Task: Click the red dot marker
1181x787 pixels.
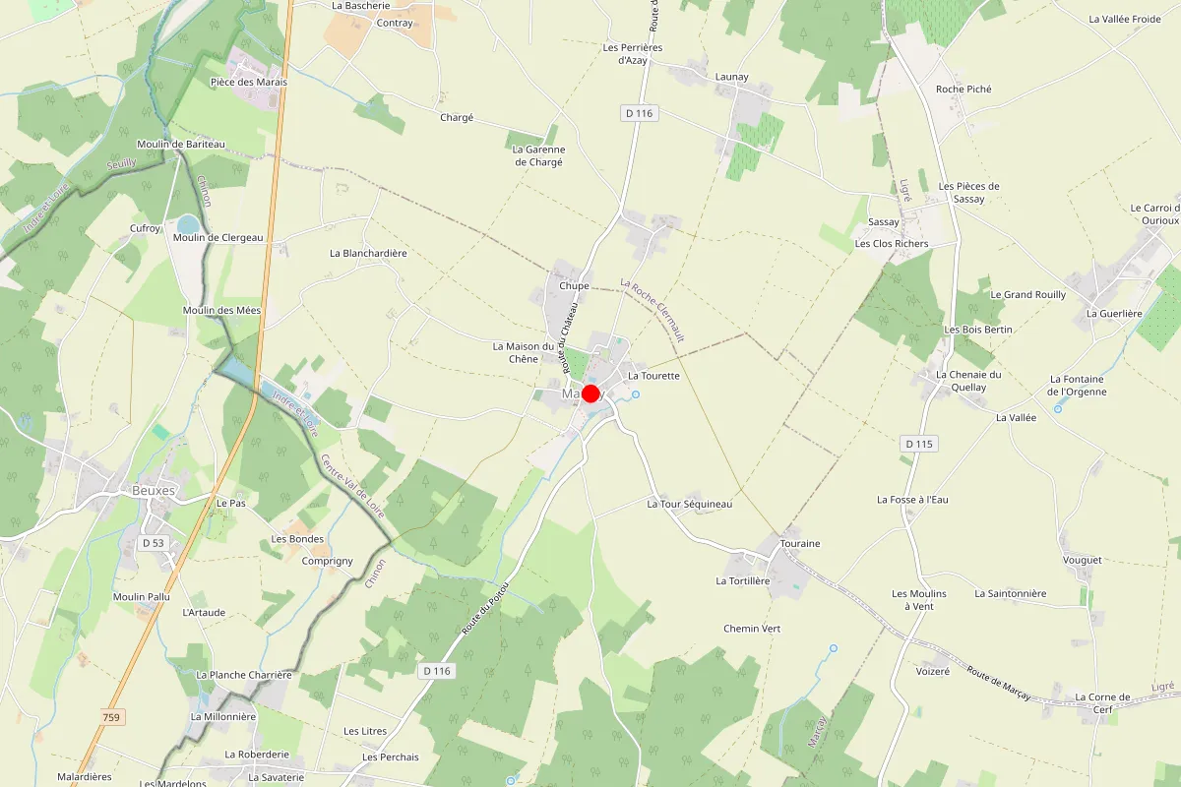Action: (590, 393)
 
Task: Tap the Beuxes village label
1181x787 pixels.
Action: (153, 490)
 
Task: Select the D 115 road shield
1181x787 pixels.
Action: (917, 444)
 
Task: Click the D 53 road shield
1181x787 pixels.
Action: (153, 543)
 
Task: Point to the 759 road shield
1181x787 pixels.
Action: (111, 718)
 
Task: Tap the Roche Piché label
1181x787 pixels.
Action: (963, 89)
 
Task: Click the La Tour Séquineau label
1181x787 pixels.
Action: (689, 504)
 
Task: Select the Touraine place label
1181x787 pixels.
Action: (799, 543)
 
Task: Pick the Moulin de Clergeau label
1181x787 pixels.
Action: (218, 237)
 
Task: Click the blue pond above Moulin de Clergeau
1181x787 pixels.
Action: (188, 224)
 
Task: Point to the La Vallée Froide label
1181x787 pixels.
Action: (1125, 19)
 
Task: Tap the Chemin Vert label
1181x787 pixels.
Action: (751, 628)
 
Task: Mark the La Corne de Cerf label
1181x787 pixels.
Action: (1101, 703)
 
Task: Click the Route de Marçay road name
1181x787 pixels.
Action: (998, 683)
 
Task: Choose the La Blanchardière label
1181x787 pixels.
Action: (368, 253)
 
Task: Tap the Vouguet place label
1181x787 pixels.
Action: (1083, 560)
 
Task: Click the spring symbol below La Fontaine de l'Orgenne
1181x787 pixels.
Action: (1058, 408)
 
